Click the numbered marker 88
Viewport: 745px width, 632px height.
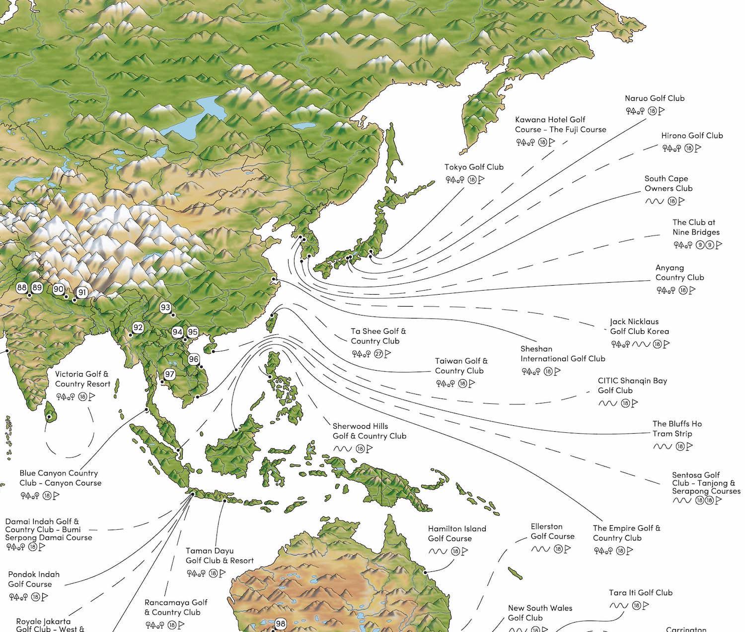[x=21, y=288]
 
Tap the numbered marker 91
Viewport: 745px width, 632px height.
[x=82, y=293]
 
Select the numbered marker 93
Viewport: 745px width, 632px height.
[x=165, y=308]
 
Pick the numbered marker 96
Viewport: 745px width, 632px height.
[x=194, y=359]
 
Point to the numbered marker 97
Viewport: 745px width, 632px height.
[x=170, y=374]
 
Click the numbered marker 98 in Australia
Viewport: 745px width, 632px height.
[x=281, y=624]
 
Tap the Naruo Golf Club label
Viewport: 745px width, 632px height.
[x=654, y=98]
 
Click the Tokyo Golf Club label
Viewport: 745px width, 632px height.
[x=474, y=167]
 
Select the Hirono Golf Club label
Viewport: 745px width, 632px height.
[x=692, y=135]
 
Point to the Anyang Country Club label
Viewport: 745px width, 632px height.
[x=679, y=273]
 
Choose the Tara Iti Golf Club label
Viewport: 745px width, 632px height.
[x=641, y=592]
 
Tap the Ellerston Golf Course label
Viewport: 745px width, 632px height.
[x=552, y=531]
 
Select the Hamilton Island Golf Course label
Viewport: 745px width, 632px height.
[x=457, y=534]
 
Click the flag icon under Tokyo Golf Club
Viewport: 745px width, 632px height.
[x=481, y=180]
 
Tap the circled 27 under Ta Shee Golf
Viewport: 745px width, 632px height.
[x=378, y=354]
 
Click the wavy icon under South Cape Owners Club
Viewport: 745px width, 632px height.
[x=654, y=201]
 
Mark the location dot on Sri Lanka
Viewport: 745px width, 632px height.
[x=49, y=417]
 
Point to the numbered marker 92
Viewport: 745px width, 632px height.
[x=138, y=327]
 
